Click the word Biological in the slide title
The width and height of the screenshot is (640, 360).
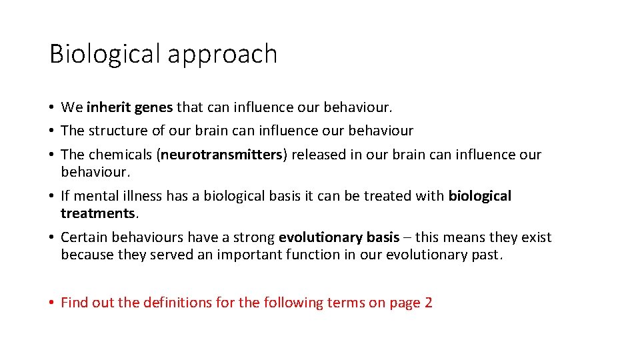click(105, 53)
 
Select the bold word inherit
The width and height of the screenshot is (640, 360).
click(109, 107)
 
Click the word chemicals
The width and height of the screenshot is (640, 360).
click(121, 155)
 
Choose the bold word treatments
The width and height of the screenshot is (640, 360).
click(98, 213)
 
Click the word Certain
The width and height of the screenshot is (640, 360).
click(84, 237)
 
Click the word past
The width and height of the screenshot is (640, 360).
click(485, 255)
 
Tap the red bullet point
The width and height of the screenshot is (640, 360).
click(51, 303)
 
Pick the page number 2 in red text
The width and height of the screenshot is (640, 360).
click(428, 303)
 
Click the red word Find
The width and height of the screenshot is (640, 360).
click(74, 303)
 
